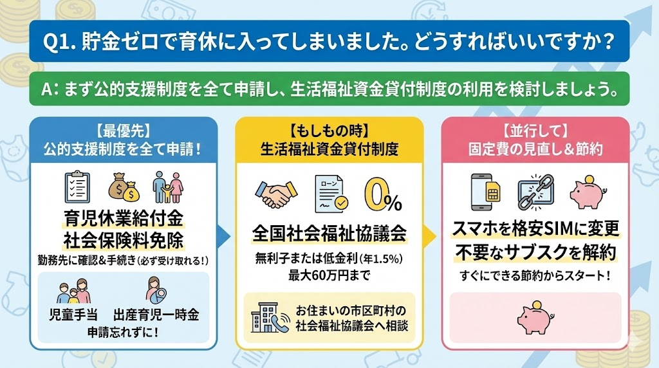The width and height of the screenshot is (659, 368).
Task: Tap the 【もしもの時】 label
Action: [x=329, y=132]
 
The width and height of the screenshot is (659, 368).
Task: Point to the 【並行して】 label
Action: [x=535, y=132]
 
